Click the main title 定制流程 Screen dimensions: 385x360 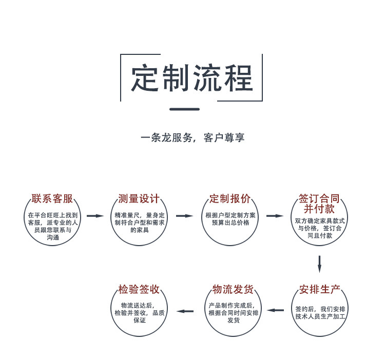(x=191, y=78)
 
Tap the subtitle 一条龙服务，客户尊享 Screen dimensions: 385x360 (x=192, y=137)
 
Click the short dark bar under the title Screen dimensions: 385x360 (x=184, y=109)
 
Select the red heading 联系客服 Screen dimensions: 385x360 (x=52, y=199)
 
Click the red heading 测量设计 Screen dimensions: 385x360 (x=139, y=199)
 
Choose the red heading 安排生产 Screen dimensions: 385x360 (x=320, y=290)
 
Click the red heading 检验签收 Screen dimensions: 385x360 (x=139, y=290)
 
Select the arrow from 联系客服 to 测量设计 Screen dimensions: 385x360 (x=95, y=216)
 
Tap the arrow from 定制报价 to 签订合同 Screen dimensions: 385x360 (x=275, y=216)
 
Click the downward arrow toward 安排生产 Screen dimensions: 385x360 (x=319, y=264)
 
